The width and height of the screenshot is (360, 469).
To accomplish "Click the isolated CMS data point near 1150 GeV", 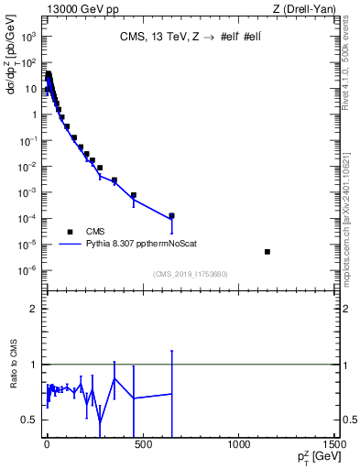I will (267, 251).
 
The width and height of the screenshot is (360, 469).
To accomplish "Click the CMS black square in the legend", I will (70, 231).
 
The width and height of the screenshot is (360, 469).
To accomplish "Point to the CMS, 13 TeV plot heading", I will (187, 38).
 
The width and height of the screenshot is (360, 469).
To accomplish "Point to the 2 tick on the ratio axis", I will (33, 309).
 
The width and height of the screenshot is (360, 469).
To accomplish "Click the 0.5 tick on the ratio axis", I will (29, 420).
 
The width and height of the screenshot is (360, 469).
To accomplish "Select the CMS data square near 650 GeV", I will (171, 216).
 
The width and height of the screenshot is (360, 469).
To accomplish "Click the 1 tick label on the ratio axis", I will (33, 365).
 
